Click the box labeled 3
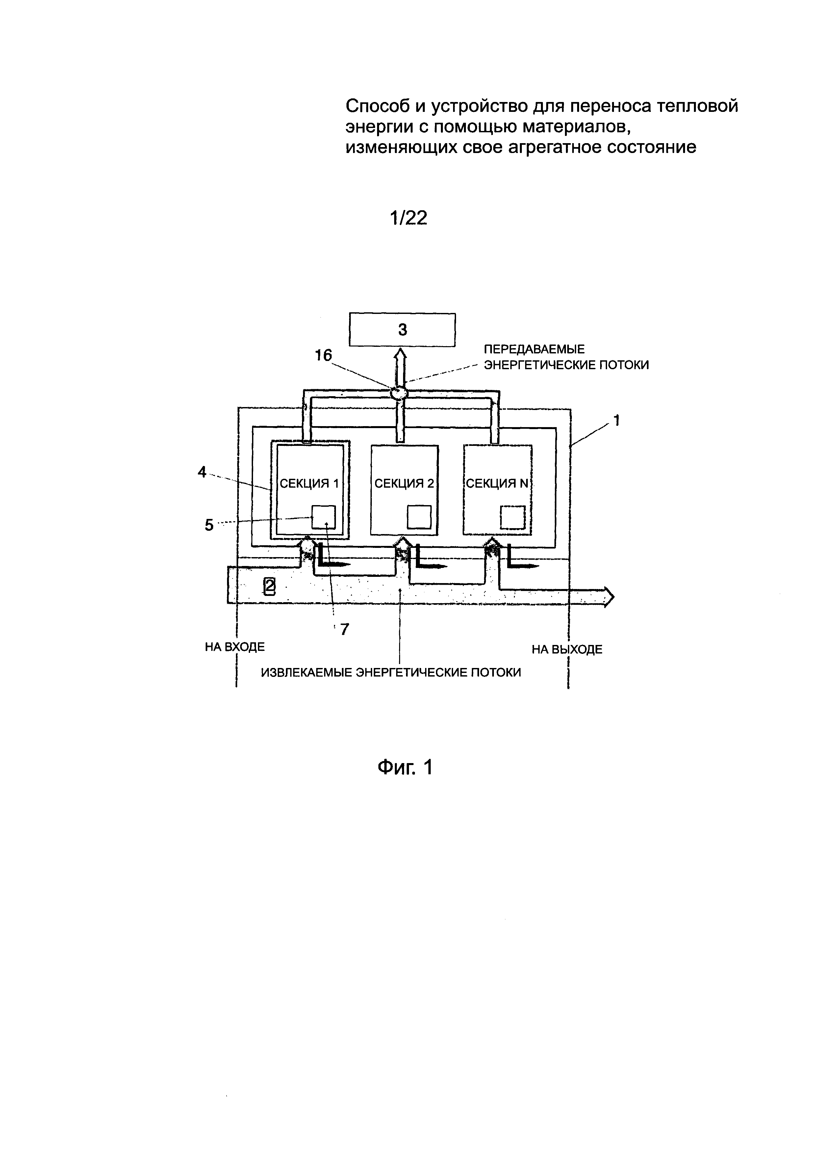coord(402,330)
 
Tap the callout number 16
coord(323,355)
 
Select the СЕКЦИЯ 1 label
coord(309,483)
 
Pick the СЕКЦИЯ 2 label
coord(404,483)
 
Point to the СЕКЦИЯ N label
coord(497,483)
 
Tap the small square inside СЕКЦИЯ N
coord(513,517)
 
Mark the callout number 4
coord(202,472)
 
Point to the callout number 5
coord(209,525)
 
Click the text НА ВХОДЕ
coord(235,647)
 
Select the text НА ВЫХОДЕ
coord(567,649)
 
